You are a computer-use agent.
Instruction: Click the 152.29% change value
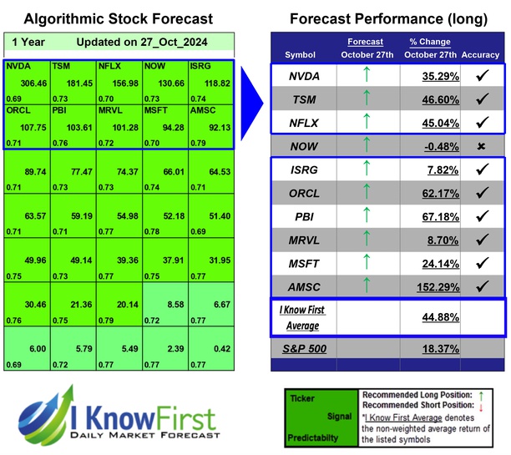pyautogui.click(x=423, y=286)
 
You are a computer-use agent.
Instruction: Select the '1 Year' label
pyautogui.click(x=29, y=42)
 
